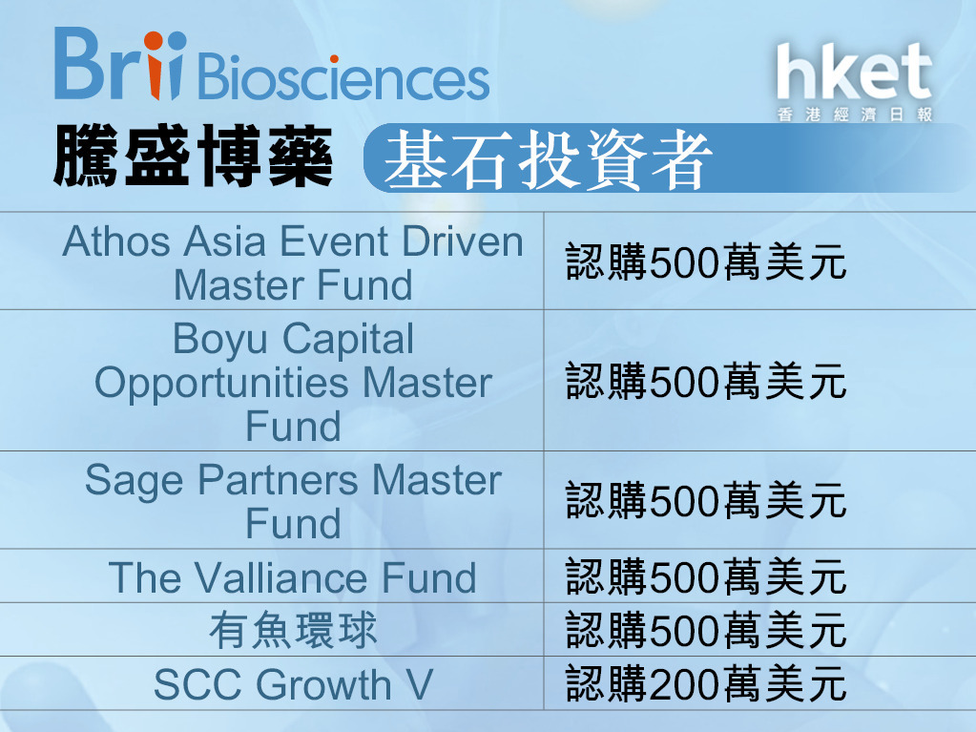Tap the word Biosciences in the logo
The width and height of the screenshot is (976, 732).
[343, 78]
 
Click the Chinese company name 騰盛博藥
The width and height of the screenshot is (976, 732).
[193, 156]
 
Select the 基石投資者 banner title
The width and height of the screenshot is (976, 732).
[548, 159]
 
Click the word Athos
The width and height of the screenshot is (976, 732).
[116, 241]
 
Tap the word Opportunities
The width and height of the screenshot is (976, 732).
[221, 384]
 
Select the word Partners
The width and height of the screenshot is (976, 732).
[278, 481]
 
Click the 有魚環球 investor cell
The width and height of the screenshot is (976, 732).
[293, 630]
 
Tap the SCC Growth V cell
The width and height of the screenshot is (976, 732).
[293, 684]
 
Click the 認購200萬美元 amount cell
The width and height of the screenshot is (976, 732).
[706, 684]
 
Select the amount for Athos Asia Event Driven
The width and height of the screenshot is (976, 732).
[706, 261]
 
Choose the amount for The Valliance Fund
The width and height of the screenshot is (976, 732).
[706, 576]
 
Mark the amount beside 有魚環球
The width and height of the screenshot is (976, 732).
[706, 630]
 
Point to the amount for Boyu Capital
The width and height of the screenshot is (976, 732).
[706, 381]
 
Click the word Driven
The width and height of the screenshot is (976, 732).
[462, 241]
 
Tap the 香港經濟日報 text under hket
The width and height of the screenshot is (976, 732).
[855, 115]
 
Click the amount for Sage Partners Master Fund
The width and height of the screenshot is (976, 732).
[706, 500]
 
